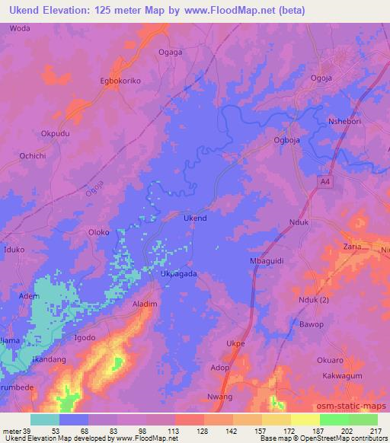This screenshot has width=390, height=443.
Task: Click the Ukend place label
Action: pyautogui.click(x=196, y=218)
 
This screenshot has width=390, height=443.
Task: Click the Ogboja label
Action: pyautogui.click(x=289, y=140)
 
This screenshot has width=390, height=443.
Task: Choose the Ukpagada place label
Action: pyautogui.click(x=179, y=274)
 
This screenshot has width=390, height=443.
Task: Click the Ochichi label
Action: pyautogui.click(x=33, y=155)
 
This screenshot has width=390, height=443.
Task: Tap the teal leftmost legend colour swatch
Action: pyautogui.click(x=44, y=419)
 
